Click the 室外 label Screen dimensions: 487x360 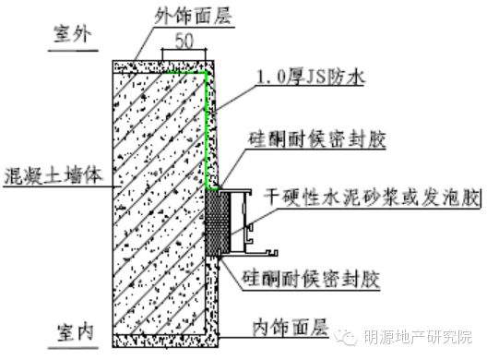(x=73, y=33)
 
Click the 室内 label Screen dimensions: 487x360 (x=76, y=332)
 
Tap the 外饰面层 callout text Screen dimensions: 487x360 (x=193, y=16)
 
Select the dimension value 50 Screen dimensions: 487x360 (x=184, y=41)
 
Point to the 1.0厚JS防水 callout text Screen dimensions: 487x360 (x=311, y=77)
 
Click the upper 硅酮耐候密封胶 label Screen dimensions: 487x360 (x=316, y=139)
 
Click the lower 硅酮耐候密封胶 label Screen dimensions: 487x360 (x=311, y=279)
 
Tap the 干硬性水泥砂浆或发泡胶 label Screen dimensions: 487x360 (x=372, y=198)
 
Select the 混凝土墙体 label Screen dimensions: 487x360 (x=53, y=175)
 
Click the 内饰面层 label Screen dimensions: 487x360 (x=291, y=328)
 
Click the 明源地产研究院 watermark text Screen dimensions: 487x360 (x=418, y=337)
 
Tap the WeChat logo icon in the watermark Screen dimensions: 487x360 (x=346, y=337)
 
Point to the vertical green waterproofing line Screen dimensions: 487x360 (x=206, y=130)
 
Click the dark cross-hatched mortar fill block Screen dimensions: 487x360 (x=218, y=222)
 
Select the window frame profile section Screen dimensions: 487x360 (x=247, y=222)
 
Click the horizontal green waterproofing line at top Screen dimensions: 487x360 (x=184, y=73)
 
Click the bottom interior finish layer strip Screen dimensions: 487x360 (x=165, y=341)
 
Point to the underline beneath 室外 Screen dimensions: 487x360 (x=73, y=50)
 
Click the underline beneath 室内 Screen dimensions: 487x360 (x=73, y=348)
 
